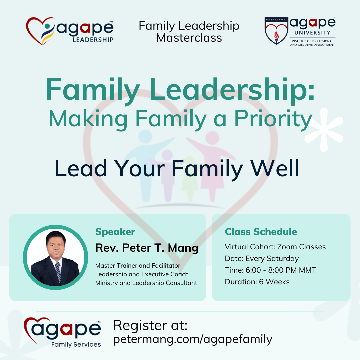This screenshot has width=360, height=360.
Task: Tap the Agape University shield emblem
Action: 276,31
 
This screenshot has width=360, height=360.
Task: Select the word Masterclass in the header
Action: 189,38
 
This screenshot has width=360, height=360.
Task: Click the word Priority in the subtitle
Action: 273,119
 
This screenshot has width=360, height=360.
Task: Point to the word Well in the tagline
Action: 275,168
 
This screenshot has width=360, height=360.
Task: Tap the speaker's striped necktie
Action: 58,273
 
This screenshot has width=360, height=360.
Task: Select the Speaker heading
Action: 115,232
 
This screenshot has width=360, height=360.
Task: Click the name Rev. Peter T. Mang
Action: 147,248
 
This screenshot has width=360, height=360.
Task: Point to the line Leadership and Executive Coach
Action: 142,274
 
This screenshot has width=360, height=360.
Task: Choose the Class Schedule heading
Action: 261,232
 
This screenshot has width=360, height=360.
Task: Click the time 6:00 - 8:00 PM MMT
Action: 281,270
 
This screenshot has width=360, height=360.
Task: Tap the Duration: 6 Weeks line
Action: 257,282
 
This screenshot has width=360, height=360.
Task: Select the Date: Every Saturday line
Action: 262,259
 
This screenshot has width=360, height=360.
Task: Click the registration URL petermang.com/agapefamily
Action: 193,339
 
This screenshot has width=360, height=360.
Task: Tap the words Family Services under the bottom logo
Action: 76,344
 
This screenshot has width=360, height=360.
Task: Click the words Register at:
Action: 150,325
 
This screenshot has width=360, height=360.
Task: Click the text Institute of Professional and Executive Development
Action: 312,43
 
